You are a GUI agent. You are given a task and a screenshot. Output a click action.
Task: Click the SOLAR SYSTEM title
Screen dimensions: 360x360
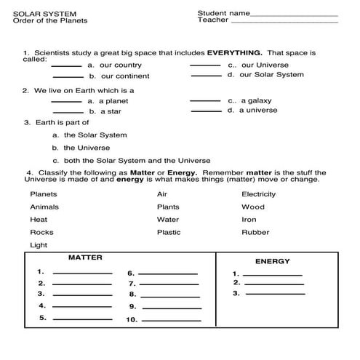tap(39, 13)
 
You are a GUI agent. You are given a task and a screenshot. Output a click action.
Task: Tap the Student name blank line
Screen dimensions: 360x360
tap(294, 15)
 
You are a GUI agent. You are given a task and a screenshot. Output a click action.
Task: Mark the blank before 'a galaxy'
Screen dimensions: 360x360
tap(204, 101)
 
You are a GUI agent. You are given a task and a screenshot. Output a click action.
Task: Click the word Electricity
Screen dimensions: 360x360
tap(258, 194)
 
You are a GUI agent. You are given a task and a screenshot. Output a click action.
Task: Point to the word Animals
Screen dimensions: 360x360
tap(45, 207)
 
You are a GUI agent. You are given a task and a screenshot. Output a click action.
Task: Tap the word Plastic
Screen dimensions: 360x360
tap(169, 232)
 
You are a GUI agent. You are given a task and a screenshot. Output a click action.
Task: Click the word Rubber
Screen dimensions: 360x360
tap(255, 232)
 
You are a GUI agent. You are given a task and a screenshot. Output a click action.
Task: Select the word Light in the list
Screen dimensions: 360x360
tap(38, 245)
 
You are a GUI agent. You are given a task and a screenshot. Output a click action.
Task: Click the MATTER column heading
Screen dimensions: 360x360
tap(84, 257)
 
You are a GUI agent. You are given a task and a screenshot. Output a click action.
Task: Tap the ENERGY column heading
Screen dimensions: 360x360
tap(272, 261)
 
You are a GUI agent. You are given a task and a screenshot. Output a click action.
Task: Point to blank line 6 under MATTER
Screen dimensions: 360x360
tap(168, 274)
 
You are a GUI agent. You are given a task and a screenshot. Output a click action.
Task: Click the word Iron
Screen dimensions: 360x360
tap(249, 219)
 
